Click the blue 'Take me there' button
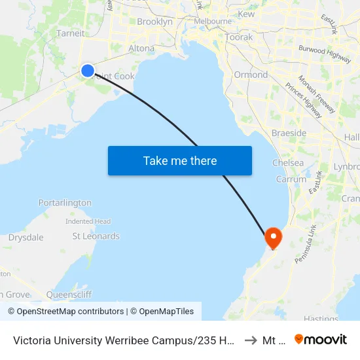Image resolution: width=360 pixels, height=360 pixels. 180,160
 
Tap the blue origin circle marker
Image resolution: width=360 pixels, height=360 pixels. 87,71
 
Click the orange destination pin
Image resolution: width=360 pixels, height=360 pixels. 272,237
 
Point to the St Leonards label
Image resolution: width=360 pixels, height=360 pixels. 96,236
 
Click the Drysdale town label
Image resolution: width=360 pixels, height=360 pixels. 26,238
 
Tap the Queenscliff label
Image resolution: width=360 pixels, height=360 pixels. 69,295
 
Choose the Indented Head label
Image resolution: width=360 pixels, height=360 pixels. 88,221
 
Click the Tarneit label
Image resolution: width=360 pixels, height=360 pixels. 70,33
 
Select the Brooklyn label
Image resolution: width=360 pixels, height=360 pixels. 154,22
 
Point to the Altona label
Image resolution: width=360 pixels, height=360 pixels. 141,48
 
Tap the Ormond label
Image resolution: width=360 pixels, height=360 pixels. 251,75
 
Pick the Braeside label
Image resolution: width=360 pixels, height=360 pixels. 289,133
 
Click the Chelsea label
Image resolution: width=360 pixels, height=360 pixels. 288,163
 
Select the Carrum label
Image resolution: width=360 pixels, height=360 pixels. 291,179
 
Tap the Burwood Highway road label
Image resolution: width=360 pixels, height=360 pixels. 325,53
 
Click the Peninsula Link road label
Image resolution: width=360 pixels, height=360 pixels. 305,243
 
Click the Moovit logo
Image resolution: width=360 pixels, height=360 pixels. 321,339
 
